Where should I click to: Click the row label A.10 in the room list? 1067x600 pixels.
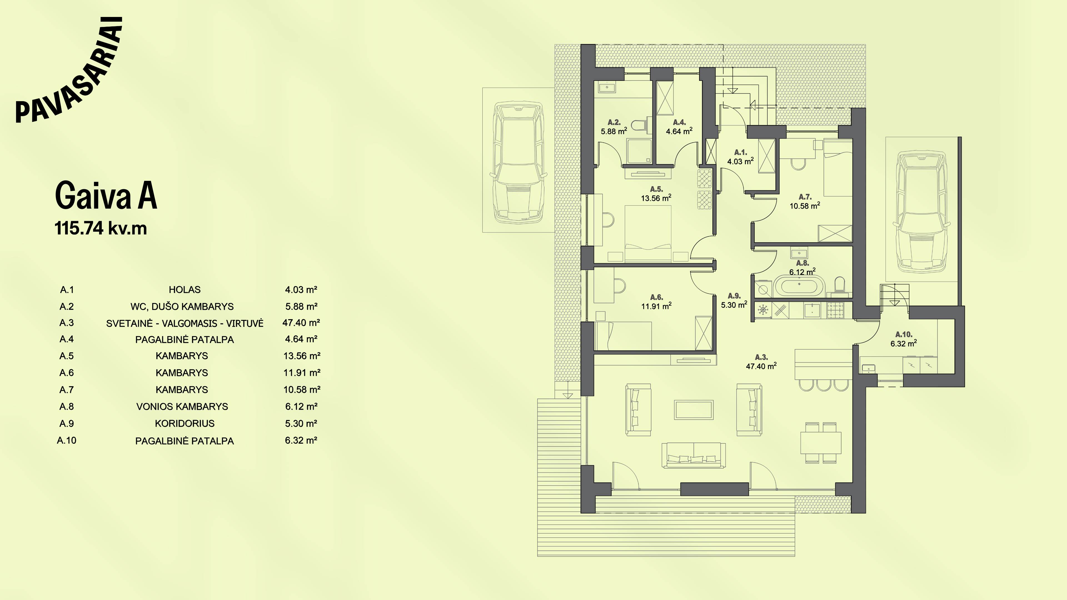[67, 441]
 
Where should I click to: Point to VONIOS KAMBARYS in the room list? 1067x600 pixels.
[182, 407]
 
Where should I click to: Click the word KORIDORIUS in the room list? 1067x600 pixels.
[185, 424]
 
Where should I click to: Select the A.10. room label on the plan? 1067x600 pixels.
[904, 334]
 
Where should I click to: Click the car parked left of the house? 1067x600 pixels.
[518, 164]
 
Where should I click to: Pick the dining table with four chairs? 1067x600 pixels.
[821, 443]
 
